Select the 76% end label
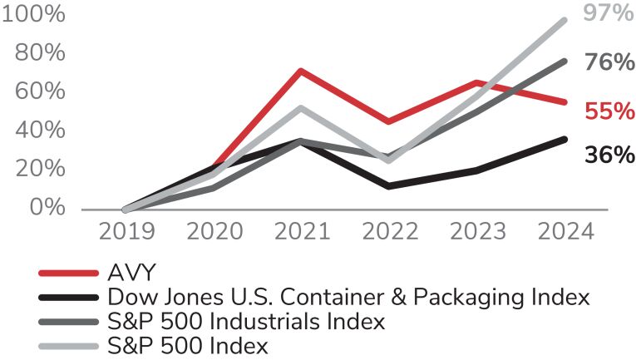[x=609, y=63]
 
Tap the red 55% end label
[x=609, y=111]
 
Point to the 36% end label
[x=609, y=155]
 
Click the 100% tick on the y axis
[x=34, y=16]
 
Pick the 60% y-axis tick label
[x=38, y=91]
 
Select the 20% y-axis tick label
[x=38, y=168]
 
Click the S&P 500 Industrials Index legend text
[x=245, y=321]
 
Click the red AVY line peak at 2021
[x=300, y=71]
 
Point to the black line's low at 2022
[x=388, y=186]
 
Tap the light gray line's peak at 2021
[x=300, y=107]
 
